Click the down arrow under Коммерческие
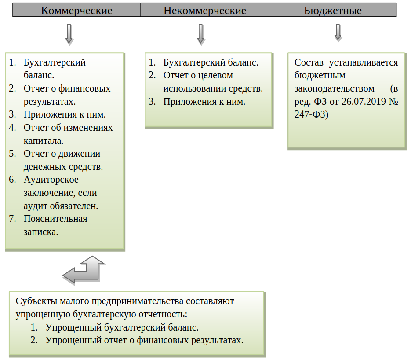pos(69,34)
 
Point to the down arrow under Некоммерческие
pos(201,34)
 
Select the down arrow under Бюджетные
pos(338,32)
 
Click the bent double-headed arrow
pos(84,269)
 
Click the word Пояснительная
pos(55,219)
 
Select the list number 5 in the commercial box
pos(12,154)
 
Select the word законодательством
pos(334,88)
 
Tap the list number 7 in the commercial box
pos(12,219)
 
